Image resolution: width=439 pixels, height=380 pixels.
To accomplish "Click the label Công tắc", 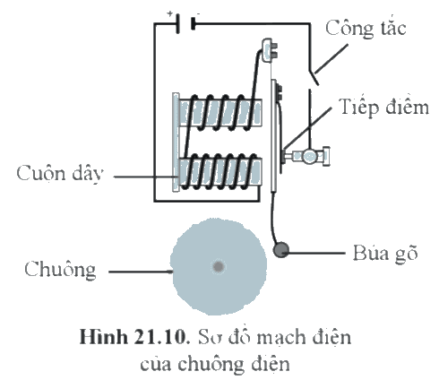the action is point(366,29).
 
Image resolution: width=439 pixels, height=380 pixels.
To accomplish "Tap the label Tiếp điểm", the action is point(383,107).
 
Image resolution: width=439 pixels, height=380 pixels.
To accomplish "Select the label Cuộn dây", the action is point(60,173).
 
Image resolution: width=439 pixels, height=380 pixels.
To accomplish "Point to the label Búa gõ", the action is point(385,253).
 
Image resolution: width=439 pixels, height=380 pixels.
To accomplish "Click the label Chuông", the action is point(60,270).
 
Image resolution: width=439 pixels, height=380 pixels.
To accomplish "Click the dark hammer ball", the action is point(281,250).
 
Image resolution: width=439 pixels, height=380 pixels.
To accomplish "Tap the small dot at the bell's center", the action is point(219,266).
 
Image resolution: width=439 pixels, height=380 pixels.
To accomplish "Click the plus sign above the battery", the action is point(169,13).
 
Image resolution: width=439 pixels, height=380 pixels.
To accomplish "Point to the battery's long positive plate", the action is point(178,23).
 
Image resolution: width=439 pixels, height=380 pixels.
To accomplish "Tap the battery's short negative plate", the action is point(193,23).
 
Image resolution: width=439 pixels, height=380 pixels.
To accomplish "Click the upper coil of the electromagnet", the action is point(220,113).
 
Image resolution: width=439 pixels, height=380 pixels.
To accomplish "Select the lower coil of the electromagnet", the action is point(220,172).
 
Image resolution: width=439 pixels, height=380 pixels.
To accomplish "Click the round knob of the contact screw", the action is point(310,156).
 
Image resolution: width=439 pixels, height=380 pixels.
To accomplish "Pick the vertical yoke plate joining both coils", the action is point(176,142).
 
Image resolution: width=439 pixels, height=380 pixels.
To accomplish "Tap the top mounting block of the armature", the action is point(269,50).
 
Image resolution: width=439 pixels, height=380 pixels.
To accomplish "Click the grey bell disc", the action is point(219,266).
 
